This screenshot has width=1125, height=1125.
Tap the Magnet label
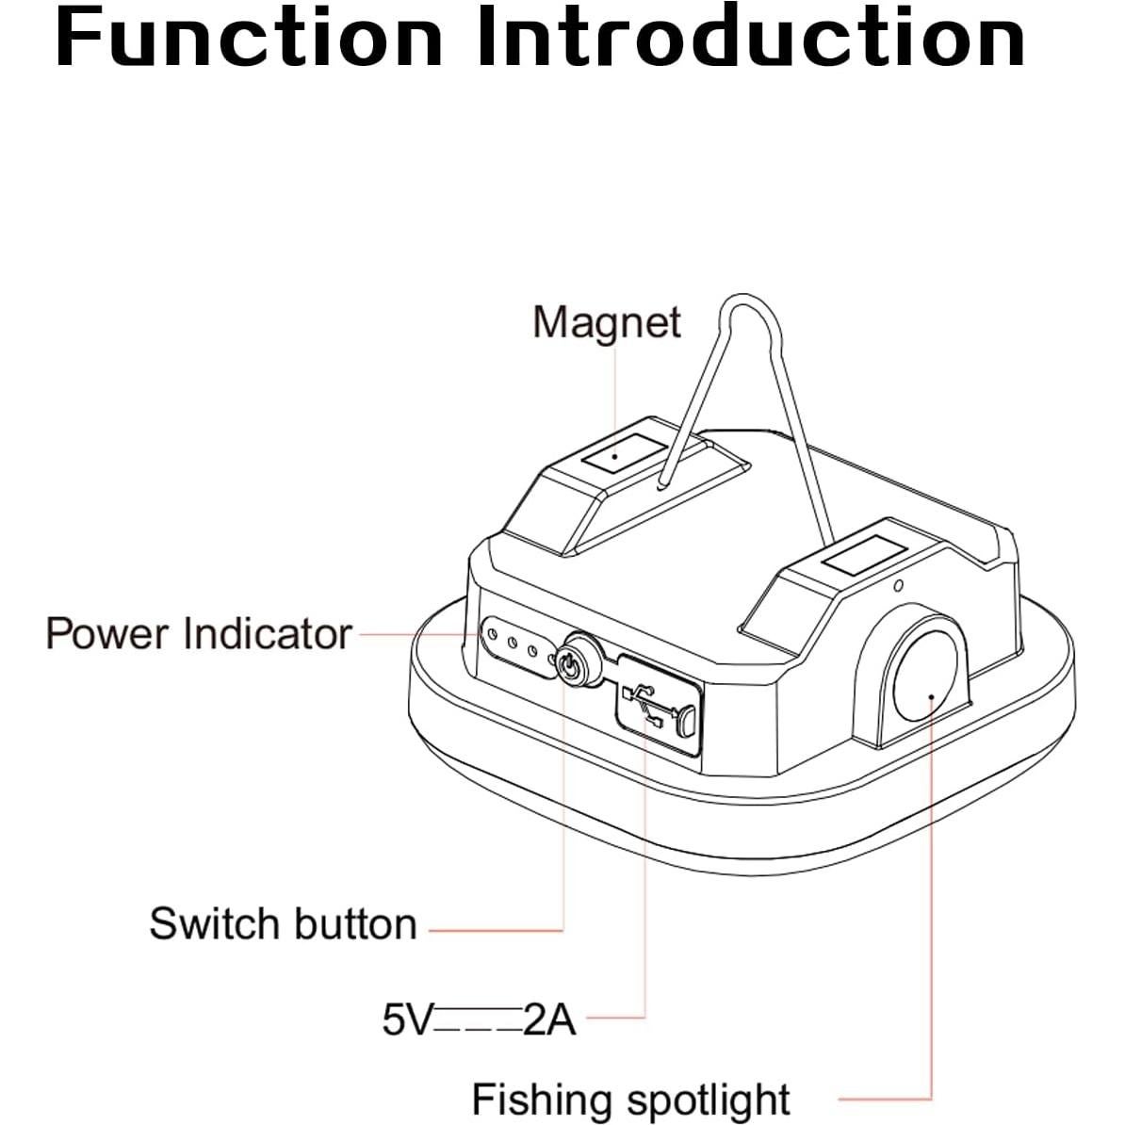pos(606,322)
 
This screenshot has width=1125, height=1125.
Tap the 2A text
pos(549,1019)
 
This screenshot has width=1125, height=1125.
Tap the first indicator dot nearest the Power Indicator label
pos(492,634)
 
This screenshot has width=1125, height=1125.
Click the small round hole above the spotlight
pos(898,586)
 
